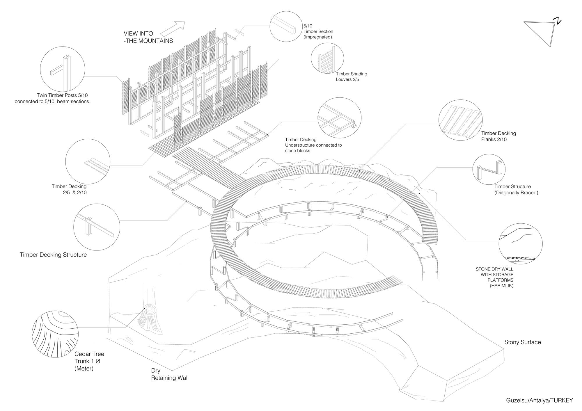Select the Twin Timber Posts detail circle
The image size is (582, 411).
point(63,70)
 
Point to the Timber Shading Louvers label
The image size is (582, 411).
point(351,76)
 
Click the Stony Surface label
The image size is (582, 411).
point(522,342)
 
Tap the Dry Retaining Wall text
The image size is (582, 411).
point(170,374)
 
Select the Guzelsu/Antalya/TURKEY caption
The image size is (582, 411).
point(539,400)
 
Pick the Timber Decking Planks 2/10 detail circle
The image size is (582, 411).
point(460,119)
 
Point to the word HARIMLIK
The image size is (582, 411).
point(502,286)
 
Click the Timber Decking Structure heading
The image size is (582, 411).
point(53,255)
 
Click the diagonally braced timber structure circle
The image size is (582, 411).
point(489,170)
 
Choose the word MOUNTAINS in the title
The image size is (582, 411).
point(156,41)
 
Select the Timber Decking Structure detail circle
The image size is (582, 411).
point(97,227)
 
